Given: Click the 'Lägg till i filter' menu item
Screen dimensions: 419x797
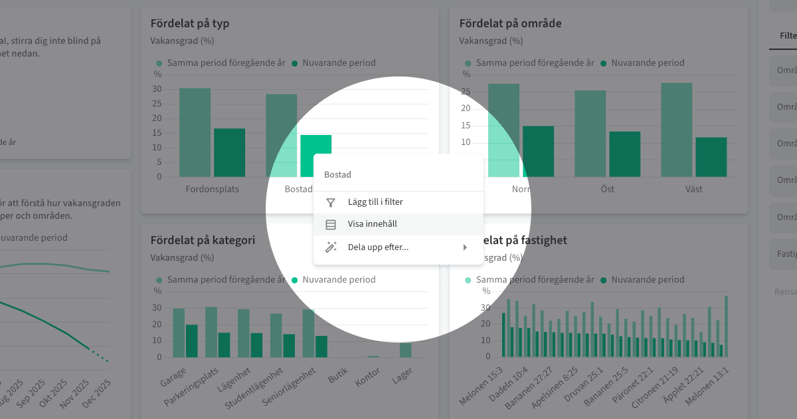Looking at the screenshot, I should [x=375, y=202].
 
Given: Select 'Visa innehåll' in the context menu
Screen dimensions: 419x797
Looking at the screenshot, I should [x=372, y=225].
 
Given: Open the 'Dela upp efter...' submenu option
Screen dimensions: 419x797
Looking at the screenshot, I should [x=378, y=247].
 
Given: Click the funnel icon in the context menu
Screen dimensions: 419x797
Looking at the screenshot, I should [x=331, y=202].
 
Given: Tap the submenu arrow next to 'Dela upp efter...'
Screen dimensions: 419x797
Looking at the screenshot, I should [x=465, y=247].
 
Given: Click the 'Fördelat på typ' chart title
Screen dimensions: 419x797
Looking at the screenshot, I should [x=190, y=24].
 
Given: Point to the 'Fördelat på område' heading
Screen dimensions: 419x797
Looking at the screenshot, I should [x=510, y=24].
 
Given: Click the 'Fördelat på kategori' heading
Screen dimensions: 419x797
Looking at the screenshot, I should [x=203, y=241].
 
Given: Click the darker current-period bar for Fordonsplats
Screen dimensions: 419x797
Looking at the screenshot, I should [x=229, y=152].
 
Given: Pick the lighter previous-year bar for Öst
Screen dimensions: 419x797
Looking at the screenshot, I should [x=590, y=133].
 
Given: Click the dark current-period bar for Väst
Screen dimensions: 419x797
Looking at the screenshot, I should [x=711, y=157].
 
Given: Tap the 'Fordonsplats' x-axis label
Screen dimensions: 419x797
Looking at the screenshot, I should [x=213, y=190].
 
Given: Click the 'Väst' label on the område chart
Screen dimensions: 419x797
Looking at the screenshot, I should [x=694, y=190].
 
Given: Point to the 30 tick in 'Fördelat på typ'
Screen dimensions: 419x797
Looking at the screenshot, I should [x=157, y=89].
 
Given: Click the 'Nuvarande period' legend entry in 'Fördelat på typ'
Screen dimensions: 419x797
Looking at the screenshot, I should [x=339, y=63].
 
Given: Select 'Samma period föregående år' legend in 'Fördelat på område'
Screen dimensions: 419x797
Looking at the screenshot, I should [x=535, y=63].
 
